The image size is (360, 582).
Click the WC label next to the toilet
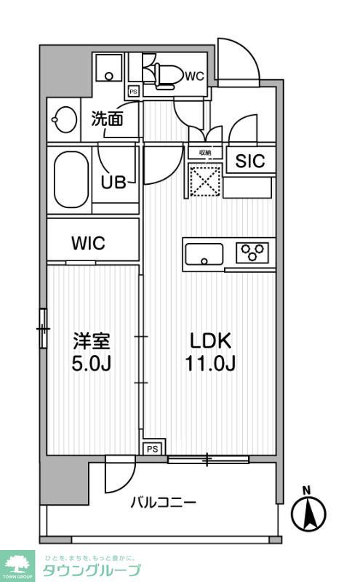click(193, 76)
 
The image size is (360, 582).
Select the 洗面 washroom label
click(106, 119)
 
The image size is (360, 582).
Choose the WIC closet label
click(88, 244)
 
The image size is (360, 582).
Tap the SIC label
click(249, 161)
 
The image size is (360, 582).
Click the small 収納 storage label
click(204, 153)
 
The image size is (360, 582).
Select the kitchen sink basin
click(204, 255)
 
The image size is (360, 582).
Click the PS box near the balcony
click(152, 449)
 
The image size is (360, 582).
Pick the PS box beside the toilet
click(133, 92)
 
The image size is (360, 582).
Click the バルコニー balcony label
click(163, 502)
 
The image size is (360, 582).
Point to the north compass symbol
click(308, 511)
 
